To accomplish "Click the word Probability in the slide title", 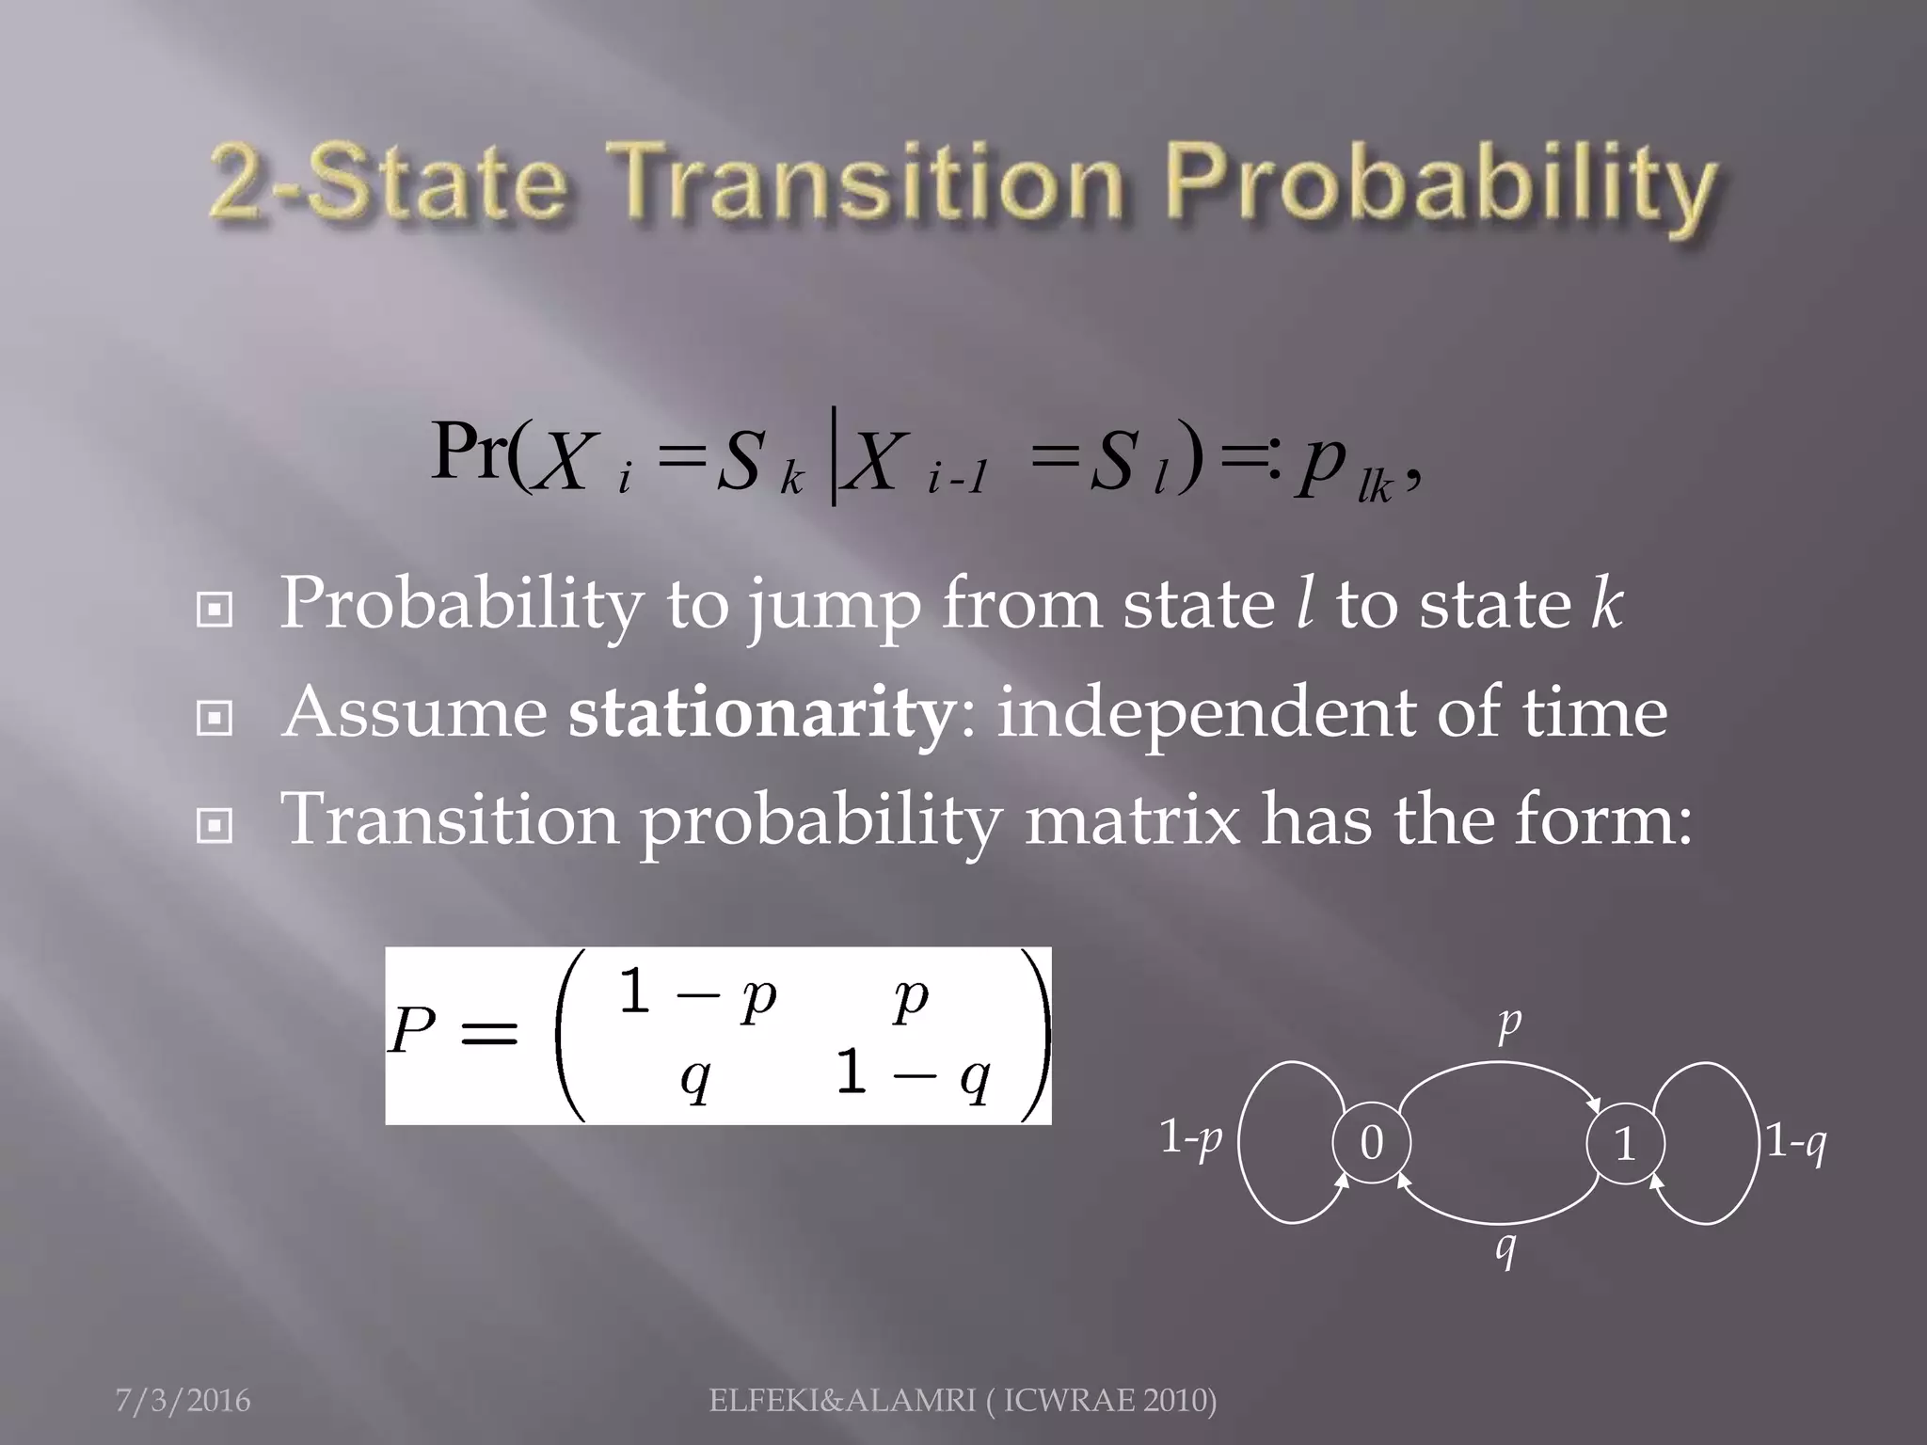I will pos(1445,185).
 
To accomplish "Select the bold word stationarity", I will pos(761,712).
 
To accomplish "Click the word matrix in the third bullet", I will pos(1133,819).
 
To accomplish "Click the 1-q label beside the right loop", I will pos(1795,1142).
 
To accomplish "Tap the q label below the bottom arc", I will pos(1506,1248).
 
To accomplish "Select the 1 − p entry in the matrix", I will pos(697,993).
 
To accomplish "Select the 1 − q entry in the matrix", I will pos(913,1073).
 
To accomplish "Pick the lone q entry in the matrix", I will pos(695,1078).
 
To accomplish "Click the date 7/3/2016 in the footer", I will pos(183,1401).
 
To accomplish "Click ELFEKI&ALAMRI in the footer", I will pos(841,1401).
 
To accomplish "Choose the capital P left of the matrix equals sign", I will pos(412,1032).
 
